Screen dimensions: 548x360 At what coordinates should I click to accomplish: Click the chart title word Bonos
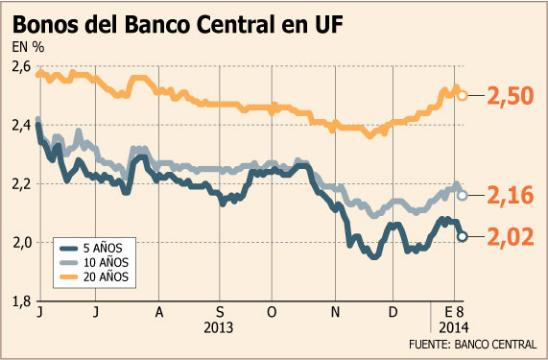pyautogui.click(x=46, y=25)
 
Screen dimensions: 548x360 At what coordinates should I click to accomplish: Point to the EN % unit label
pyautogui.click(x=28, y=47)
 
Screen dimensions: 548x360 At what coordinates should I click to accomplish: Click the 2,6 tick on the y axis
pyautogui.click(x=21, y=67)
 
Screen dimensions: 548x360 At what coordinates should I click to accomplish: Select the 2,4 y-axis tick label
pyautogui.click(x=21, y=126)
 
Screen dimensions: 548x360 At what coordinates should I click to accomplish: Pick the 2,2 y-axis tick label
pyautogui.click(x=21, y=184)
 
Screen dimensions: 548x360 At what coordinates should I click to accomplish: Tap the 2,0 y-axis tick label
pyautogui.click(x=22, y=243)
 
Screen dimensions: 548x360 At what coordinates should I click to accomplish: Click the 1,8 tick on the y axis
pyautogui.click(x=22, y=301)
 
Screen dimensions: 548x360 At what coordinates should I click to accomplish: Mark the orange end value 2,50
pyautogui.click(x=511, y=96)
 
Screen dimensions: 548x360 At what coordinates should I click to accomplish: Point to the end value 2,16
pyautogui.click(x=511, y=196)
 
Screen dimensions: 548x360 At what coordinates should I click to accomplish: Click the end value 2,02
pyautogui.click(x=511, y=237)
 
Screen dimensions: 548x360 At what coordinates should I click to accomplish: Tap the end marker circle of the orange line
pyautogui.click(x=463, y=95)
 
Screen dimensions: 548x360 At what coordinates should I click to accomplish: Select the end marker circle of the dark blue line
pyautogui.click(x=462, y=236)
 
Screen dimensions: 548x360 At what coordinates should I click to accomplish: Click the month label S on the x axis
pyautogui.click(x=220, y=312)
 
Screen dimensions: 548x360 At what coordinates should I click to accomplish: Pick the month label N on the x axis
pyautogui.click(x=336, y=312)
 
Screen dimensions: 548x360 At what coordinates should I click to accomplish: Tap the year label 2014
pyautogui.click(x=454, y=328)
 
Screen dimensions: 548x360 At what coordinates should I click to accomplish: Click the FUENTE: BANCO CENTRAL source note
pyautogui.click(x=472, y=345)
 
